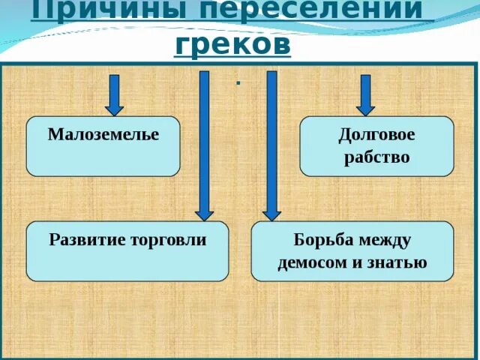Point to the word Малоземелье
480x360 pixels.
(103, 135)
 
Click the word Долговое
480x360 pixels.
(376, 135)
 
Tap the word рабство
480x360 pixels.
(376, 157)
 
